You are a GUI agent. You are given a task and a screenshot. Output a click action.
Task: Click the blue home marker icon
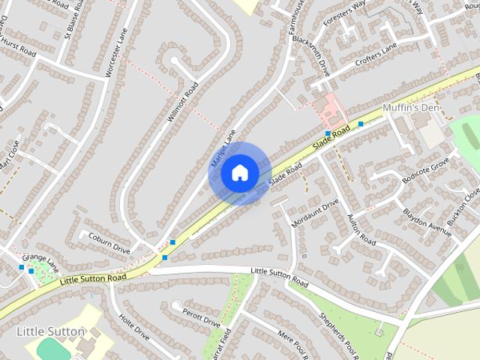click(x=239, y=173)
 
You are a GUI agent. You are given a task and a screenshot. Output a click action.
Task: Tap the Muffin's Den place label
click(x=410, y=109)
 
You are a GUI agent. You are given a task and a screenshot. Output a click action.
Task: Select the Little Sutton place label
click(x=51, y=331)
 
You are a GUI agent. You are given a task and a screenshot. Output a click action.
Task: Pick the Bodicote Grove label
click(x=425, y=170)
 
